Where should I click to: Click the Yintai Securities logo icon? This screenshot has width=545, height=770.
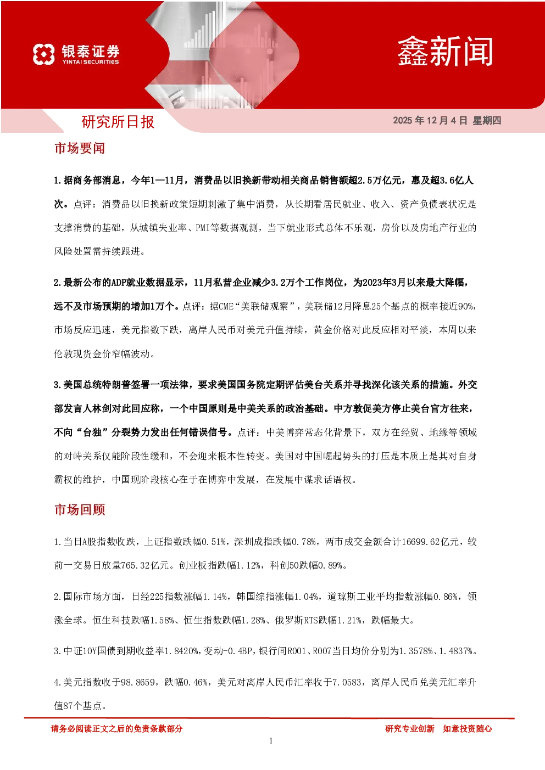(x=44, y=54)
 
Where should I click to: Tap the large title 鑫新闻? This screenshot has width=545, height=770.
(x=445, y=52)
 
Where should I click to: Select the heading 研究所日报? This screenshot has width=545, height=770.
(x=118, y=122)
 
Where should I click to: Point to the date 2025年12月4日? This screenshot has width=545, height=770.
(x=430, y=120)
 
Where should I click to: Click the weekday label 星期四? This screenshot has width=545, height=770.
(x=487, y=120)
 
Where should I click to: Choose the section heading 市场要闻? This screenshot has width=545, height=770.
(x=80, y=148)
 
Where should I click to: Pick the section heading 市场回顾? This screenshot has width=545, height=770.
(x=80, y=510)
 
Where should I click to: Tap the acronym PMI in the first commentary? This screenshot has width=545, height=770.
(x=203, y=228)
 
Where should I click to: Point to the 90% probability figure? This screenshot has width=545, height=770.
(x=465, y=306)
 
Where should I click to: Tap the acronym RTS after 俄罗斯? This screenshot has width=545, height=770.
(x=311, y=620)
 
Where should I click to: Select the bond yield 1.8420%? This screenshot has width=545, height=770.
(x=181, y=651)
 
